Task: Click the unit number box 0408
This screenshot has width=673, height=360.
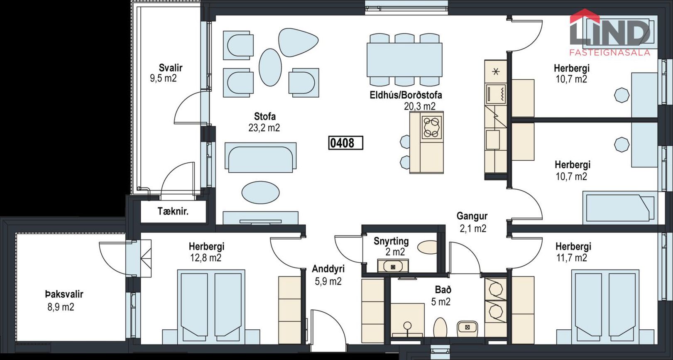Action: pos(345,143)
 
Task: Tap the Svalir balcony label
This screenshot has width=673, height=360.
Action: pos(171,68)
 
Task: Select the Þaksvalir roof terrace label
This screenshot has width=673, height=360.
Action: pos(64,294)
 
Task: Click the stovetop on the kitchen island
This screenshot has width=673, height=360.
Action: pos(432,127)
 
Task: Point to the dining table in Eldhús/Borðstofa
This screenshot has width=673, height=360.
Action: pos(404,59)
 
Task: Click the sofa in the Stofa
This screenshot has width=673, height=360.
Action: pos(260,158)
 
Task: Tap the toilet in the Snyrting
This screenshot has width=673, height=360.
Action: pos(427,247)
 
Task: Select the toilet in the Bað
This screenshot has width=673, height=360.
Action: pos(441,328)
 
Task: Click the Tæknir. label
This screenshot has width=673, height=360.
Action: pos(173,211)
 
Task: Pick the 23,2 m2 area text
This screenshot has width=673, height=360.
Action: pos(264,128)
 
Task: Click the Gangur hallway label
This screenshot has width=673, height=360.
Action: pos(472,216)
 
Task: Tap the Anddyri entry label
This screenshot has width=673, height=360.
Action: pos(328,269)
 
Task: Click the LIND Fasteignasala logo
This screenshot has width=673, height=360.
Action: pos(610,32)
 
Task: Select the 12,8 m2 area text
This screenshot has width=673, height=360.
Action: pos(206,258)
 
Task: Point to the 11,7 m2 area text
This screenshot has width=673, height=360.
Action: pos(572,258)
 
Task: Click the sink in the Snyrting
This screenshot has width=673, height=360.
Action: pos(393,266)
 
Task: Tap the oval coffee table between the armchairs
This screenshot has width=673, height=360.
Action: pos(270,67)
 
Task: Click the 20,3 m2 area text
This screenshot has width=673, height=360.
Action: pos(420,106)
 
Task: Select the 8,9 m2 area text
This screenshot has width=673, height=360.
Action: pos(61,307)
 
